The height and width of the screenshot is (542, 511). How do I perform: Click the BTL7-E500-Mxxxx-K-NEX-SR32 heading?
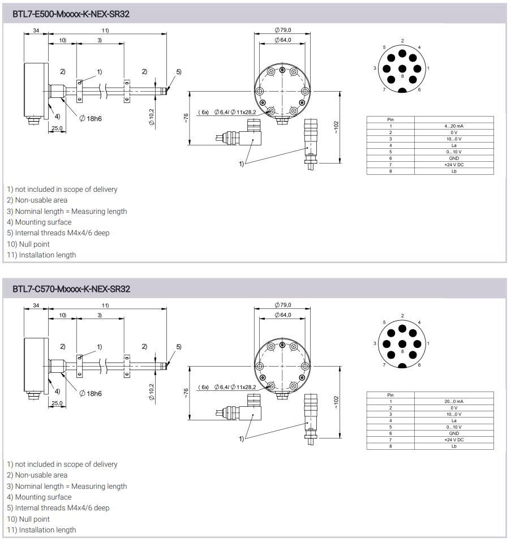point(71,14)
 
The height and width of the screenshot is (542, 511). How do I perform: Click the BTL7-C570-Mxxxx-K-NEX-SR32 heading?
point(71,289)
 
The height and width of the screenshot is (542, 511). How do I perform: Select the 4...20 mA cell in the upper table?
point(454,126)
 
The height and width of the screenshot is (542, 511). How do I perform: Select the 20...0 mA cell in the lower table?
point(454,401)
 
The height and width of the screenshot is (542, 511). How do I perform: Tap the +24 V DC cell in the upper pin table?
point(454,165)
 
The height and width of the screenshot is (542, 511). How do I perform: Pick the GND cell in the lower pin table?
point(454,433)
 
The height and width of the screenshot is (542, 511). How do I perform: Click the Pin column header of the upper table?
point(390,119)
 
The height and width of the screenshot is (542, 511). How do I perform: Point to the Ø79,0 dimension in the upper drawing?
point(283,30)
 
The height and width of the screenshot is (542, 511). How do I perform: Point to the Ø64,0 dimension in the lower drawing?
point(283,315)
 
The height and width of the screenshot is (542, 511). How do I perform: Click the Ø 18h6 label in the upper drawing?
point(91,119)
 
